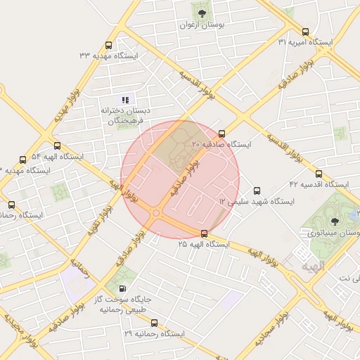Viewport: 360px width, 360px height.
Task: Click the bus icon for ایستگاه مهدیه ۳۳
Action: pyautogui.click(x=108, y=45)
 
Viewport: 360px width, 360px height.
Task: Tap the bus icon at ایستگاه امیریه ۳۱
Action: pyautogui.click(x=305, y=32)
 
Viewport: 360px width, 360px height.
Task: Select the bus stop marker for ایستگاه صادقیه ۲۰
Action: pyautogui.click(x=222, y=134)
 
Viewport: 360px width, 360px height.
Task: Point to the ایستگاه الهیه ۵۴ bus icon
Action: pyautogui.click(x=22, y=160)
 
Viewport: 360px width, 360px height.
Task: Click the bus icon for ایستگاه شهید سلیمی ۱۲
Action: pyautogui.click(x=256, y=191)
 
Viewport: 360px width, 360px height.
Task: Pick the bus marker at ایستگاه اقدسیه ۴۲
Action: pyautogui.click(x=319, y=174)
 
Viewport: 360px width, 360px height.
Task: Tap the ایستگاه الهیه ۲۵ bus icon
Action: pyautogui.click(x=204, y=233)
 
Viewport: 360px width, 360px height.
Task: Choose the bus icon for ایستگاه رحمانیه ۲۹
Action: pyautogui.click(x=154, y=323)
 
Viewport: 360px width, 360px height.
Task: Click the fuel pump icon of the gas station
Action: pyautogui.click(x=123, y=288)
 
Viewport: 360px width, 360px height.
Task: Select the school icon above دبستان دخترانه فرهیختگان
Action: pyautogui.click(x=125, y=100)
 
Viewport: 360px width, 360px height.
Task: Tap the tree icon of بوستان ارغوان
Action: pyautogui.click(x=202, y=13)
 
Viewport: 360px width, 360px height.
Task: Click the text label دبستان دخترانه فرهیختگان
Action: pyautogui.click(x=125, y=115)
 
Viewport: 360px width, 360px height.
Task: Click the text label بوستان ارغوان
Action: pyautogui.click(x=202, y=25)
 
